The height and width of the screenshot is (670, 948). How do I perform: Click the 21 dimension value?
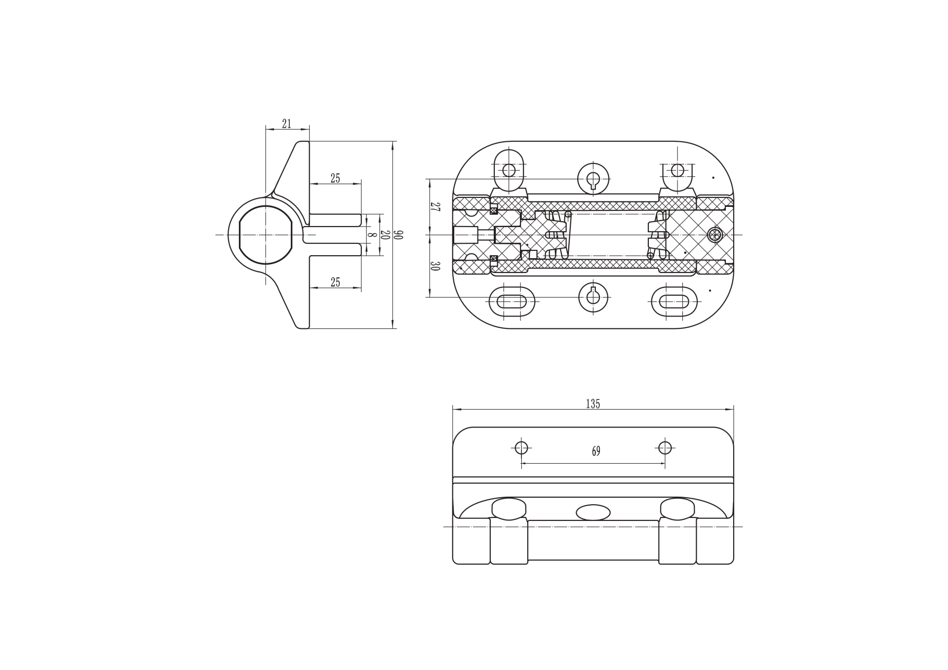point(286,123)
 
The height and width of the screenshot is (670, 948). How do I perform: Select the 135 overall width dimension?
point(592,404)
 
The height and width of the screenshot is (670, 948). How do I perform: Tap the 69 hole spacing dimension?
point(596,451)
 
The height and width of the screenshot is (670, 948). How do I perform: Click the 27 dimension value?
point(434,207)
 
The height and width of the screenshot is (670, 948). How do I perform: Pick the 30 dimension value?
point(434,266)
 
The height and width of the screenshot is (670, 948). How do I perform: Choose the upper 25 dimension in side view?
point(335,178)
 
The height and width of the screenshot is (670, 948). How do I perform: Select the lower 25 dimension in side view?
point(335,282)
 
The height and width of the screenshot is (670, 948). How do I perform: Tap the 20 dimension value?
point(385,235)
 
